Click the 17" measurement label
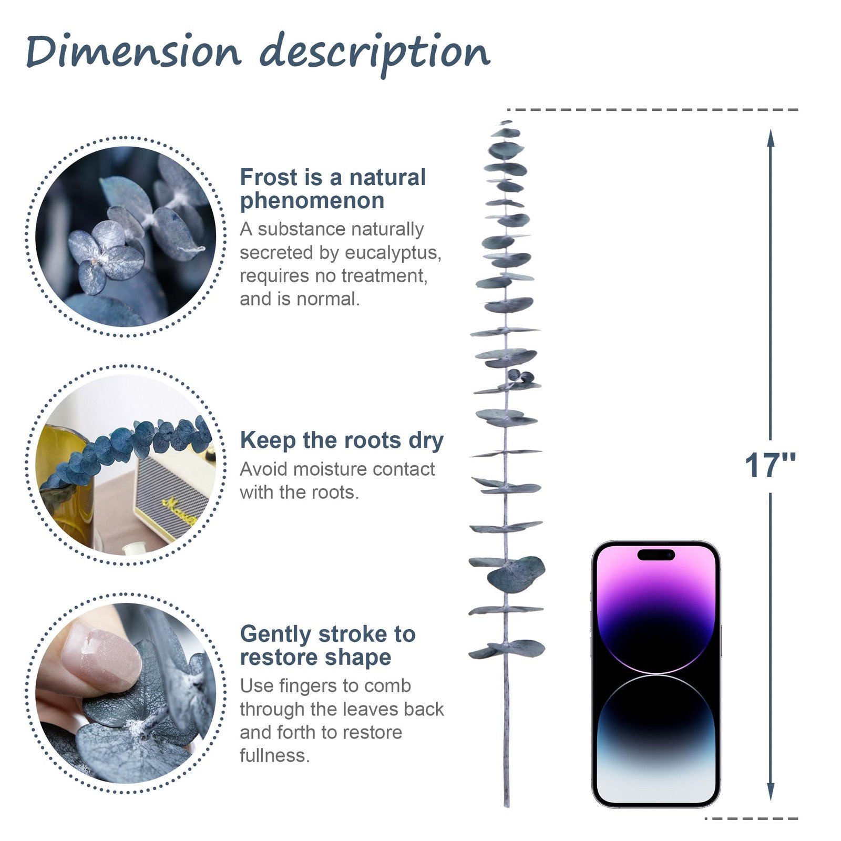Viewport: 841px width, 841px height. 770,465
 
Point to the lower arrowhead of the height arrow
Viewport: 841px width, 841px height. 771,791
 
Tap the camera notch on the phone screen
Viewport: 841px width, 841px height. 655,555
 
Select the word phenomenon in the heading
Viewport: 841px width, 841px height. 312,201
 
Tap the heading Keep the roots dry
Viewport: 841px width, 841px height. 342,440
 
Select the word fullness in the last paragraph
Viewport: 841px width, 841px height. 274,755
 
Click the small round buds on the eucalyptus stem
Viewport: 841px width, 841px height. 521,376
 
